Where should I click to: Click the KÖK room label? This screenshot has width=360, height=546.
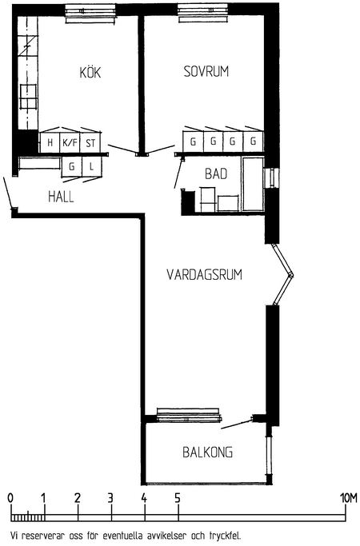(x=90, y=72)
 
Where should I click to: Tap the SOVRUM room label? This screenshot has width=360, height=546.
(x=206, y=71)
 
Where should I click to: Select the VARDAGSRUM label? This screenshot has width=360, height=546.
(x=204, y=274)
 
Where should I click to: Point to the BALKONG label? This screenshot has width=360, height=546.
(x=208, y=452)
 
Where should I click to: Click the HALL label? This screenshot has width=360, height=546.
(x=61, y=197)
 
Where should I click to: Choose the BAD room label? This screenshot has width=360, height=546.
(x=216, y=173)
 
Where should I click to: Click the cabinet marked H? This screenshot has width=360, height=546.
(x=50, y=142)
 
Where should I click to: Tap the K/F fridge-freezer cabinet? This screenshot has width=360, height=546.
(x=70, y=142)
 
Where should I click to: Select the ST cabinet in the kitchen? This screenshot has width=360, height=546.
(x=90, y=142)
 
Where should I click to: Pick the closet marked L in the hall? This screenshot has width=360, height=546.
(x=92, y=167)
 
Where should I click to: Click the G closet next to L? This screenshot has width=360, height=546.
(x=72, y=167)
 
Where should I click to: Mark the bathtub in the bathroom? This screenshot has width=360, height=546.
(x=254, y=184)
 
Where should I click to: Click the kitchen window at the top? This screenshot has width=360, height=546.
(x=90, y=14)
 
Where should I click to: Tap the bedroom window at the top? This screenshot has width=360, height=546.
(x=202, y=14)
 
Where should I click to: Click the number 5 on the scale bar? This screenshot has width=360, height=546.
(x=178, y=498)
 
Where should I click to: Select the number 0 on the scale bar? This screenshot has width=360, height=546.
(x=10, y=498)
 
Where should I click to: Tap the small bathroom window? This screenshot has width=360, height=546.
(x=271, y=178)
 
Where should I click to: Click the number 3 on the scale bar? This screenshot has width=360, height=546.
(x=110, y=498)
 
